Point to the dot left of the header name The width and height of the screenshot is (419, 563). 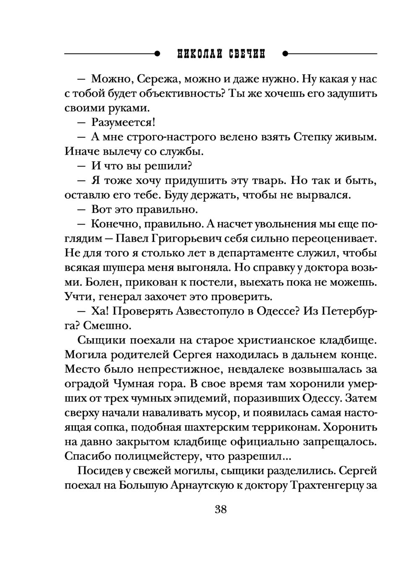[x=157, y=54]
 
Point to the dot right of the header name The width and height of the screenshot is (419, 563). [x=285, y=54]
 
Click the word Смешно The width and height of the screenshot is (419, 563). [x=101, y=326]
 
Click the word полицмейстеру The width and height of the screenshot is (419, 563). [x=170, y=456]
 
